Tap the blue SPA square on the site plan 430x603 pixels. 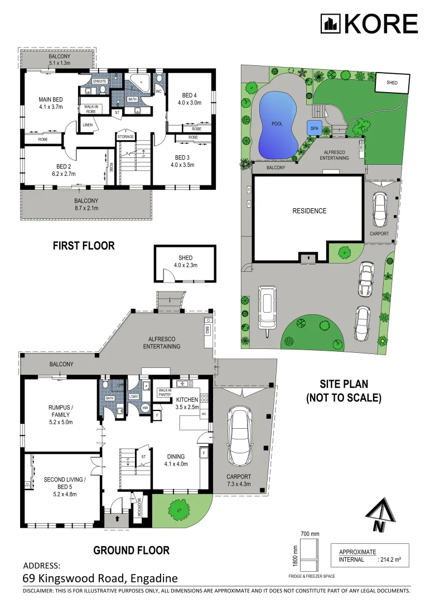click(x=314, y=127)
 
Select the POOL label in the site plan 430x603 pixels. click(x=277, y=123)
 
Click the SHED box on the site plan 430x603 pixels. click(x=392, y=82)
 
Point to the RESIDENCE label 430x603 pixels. click(x=310, y=211)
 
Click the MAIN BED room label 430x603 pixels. click(x=50, y=99)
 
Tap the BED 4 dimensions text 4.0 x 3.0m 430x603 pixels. click(x=189, y=103)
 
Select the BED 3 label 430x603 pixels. click(x=182, y=157)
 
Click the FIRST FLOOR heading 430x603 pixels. click(x=84, y=246)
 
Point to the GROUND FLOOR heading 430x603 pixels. click(x=131, y=550)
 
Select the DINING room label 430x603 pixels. click(x=176, y=456)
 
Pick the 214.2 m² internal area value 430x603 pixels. click(x=391, y=559)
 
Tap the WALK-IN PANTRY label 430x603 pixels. click(x=165, y=393)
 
